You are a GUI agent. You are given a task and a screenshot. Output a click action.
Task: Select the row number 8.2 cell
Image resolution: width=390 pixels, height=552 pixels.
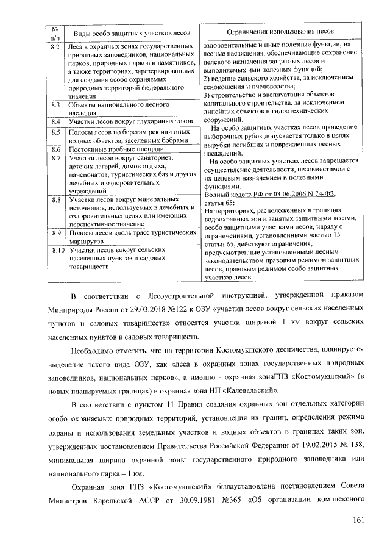55,46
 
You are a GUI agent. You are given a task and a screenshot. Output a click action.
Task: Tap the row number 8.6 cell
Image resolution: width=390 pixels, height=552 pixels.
55,149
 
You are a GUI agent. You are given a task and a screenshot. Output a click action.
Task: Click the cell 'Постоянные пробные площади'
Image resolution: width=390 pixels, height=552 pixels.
116,149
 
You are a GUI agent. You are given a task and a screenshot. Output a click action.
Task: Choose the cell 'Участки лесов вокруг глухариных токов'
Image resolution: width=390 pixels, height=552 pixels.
130,122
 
